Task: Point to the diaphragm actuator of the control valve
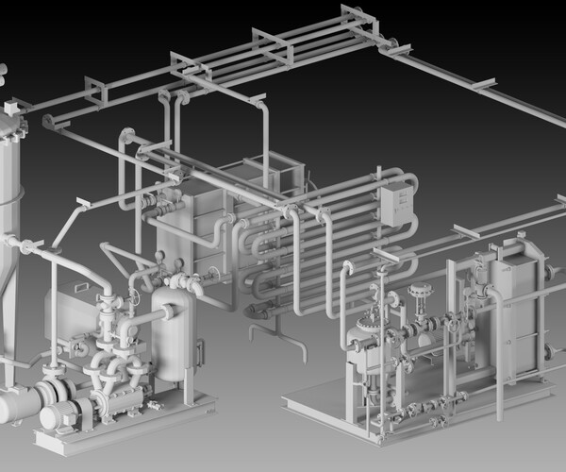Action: click(419, 293)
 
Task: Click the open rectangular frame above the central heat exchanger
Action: click(274, 174)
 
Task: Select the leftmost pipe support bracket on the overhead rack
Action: click(95, 93)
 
